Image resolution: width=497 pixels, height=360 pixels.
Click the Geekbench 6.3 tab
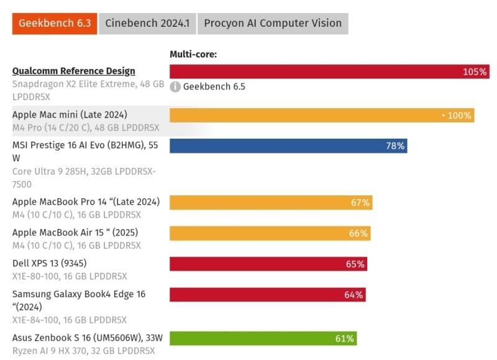(55, 24)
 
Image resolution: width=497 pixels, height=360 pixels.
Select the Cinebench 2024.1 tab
(147, 24)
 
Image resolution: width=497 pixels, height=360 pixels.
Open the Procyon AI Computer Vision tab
(273, 24)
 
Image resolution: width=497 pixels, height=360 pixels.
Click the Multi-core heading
(193, 55)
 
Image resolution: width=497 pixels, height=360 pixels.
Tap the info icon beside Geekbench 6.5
(176, 86)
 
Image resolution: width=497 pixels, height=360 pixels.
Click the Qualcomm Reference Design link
(73, 71)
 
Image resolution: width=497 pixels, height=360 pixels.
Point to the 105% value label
(475, 72)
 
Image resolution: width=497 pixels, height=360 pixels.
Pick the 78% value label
(395, 146)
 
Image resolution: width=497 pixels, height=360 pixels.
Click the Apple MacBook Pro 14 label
(86, 201)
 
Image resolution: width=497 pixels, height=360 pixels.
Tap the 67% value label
(360, 203)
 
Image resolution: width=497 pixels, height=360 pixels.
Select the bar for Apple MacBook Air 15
(270, 234)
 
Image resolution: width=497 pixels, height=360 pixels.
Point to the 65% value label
(355, 264)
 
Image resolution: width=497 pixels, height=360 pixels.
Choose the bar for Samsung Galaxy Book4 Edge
(267, 295)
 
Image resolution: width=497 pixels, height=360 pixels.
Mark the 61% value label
(345, 339)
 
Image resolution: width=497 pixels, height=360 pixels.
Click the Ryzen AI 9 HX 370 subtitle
(83, 351)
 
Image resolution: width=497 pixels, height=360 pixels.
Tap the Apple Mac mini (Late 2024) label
(70, 114)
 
